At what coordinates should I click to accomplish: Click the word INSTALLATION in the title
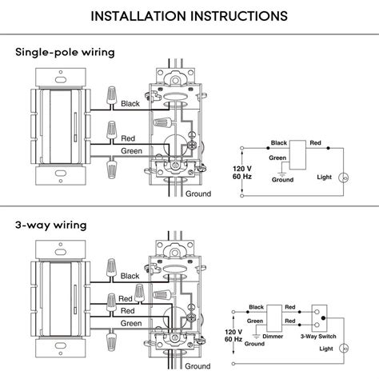pyautogui.click(x=140, y=15)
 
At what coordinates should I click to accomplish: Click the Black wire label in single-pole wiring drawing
pyautogui.click(x=130, y=104)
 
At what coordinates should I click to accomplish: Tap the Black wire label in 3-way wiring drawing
pyautogui.click(x=130, y=276)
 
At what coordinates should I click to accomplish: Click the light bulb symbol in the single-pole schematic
pyautogui.click(x=345, y=178)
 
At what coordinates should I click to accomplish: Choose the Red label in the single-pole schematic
pyautogui.click(x=316, y=143)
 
